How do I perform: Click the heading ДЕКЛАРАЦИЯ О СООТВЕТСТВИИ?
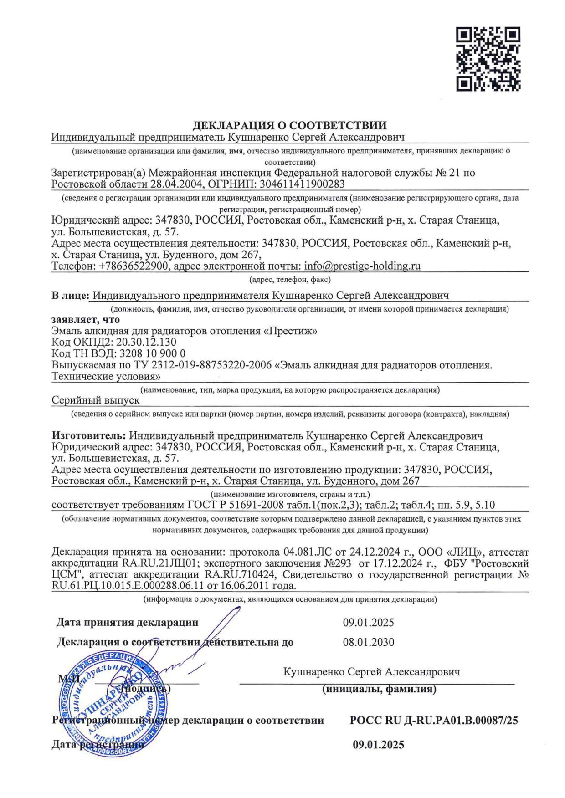pos(290,126)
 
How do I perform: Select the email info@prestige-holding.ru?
pos(362,266)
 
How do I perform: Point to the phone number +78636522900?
pos(134,266)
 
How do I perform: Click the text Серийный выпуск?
pos(95,400)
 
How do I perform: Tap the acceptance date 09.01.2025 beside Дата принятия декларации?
pos(368,622)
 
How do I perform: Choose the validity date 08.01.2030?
pos(368,643)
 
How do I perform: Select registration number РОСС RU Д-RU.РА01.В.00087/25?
pos(434,721)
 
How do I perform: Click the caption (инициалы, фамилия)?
pos(379,689)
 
